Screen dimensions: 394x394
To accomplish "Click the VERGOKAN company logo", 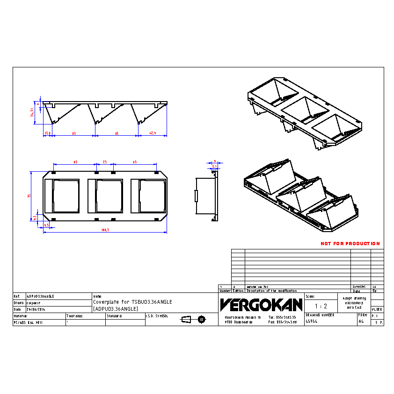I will coord(261,305).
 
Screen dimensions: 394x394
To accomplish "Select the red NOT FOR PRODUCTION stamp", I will coord(350,244).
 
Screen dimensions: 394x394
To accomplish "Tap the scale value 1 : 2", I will coord(321,306).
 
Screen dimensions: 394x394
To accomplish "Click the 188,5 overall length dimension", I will coord(105,230).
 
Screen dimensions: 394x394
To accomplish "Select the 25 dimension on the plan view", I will coord(105,162).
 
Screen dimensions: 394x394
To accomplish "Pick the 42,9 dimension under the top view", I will coord(152,133).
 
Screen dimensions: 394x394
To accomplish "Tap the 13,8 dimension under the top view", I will coord(47,133).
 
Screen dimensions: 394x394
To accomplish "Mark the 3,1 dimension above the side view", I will coord(214,166).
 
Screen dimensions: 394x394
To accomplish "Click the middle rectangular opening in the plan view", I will coord(109,195).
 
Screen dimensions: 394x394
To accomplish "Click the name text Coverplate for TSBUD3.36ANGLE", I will coord(132,302).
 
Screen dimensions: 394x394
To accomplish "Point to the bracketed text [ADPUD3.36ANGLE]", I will coord(115,309).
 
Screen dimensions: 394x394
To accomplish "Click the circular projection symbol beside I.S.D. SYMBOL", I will coord(202,319).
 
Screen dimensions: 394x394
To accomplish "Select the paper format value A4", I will coord(361,322).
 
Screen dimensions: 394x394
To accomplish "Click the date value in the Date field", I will coord(36,309).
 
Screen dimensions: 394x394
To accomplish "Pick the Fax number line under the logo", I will coord(283,322).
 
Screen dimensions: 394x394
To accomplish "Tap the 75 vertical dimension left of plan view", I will coord(29,196).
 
